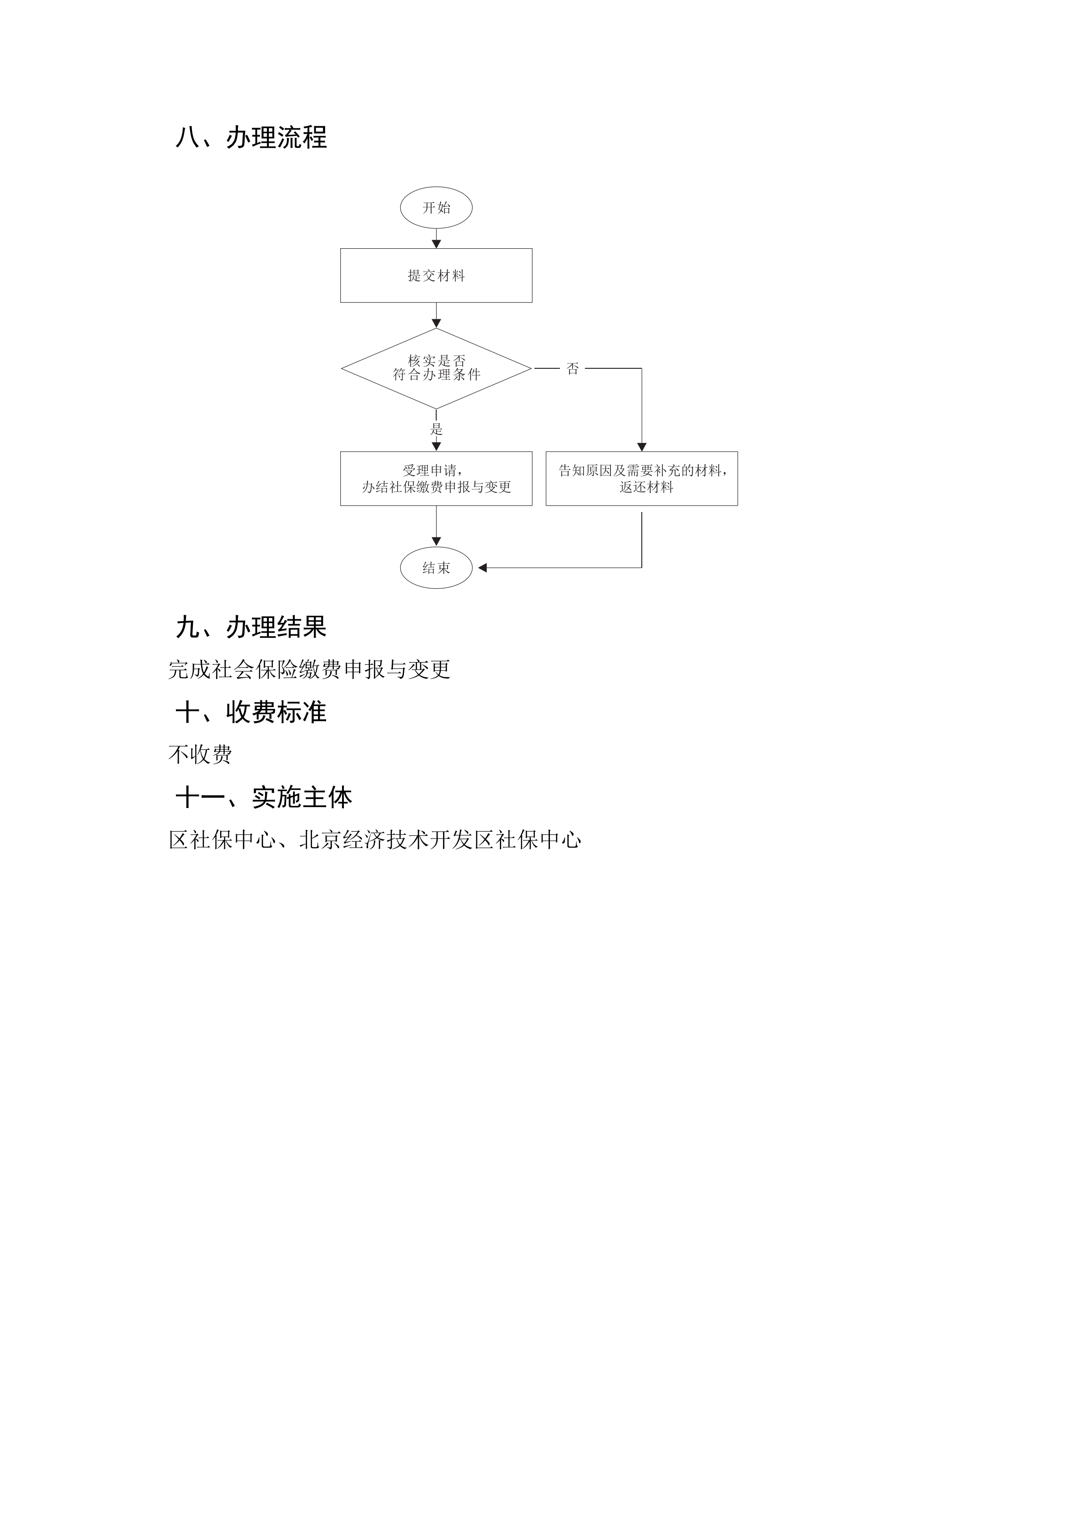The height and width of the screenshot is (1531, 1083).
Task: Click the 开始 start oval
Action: [436, 207]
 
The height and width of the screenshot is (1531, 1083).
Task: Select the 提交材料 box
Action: [436, 276]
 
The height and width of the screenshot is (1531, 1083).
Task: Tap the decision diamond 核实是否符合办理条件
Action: [436, 368]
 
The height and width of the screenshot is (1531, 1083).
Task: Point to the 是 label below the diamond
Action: [436, 429]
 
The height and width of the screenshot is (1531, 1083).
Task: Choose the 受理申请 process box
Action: [436, 479]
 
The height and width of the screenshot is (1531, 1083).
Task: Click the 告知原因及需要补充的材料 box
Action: [641, 479]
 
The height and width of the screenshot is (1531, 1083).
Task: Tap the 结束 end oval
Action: [436, 568]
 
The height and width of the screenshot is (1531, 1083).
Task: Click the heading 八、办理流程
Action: [251, 137]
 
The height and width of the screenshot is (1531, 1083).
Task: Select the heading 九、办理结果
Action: [251, 627]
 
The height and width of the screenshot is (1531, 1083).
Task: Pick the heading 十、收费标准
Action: [251, 712]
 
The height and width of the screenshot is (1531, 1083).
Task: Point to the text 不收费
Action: [200, 755]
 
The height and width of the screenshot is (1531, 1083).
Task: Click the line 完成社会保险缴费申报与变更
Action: [309, 669]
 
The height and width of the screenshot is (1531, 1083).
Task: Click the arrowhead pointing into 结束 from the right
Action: [483, 568]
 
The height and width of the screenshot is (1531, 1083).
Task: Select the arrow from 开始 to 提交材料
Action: [436, 239]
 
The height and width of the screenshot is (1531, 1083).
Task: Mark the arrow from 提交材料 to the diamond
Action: [436, 316]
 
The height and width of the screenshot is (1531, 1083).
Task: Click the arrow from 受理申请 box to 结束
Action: [436, 527]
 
